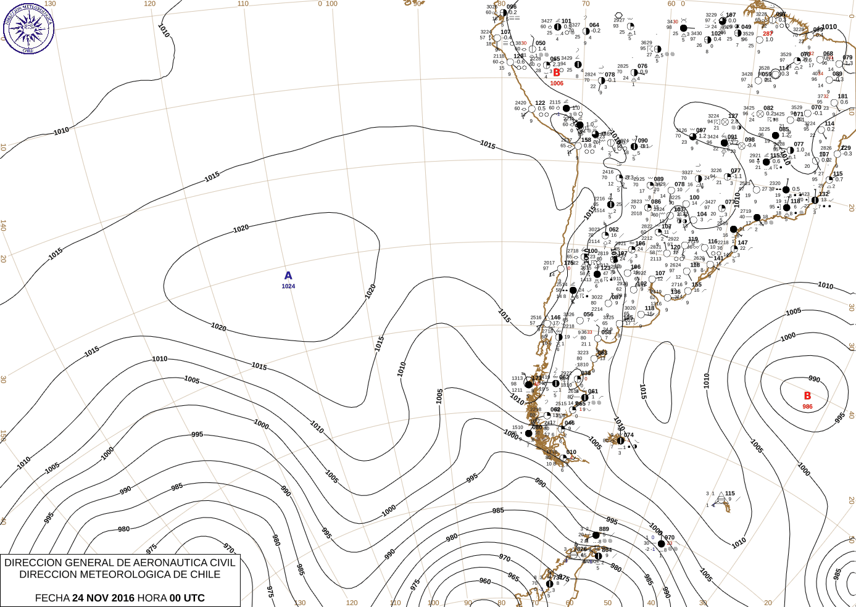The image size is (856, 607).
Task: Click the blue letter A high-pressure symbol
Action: tap(288, 276)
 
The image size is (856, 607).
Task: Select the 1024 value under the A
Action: tap(288, 286)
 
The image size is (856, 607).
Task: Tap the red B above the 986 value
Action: tap(807, 396)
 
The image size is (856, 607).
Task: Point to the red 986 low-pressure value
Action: tap(807, 407)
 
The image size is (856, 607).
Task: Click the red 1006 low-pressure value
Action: tap(557, 83)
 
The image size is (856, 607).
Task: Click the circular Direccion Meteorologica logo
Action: tap(28, 28)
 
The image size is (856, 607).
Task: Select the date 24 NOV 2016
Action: tap(103, 598)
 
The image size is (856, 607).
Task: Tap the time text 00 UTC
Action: tap(187, 598)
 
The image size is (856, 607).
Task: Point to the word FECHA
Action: tap(52, 598)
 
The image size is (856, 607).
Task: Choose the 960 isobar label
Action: tap(485, 581)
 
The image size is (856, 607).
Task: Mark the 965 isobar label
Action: tap(513, 576)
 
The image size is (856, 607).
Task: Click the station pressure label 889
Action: tap(604, 529)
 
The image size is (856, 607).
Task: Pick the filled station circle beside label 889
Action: tap(596, 535)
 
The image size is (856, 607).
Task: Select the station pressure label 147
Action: tap(742, 243)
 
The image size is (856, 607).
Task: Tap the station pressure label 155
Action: tap(697, 285)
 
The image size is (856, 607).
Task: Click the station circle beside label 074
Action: tap(620, 440)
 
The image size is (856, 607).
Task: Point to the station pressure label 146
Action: tap(555, 318)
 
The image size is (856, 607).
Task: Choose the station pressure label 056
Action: tap(588, 315)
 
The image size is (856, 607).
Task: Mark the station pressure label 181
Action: tap(842, 97)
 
